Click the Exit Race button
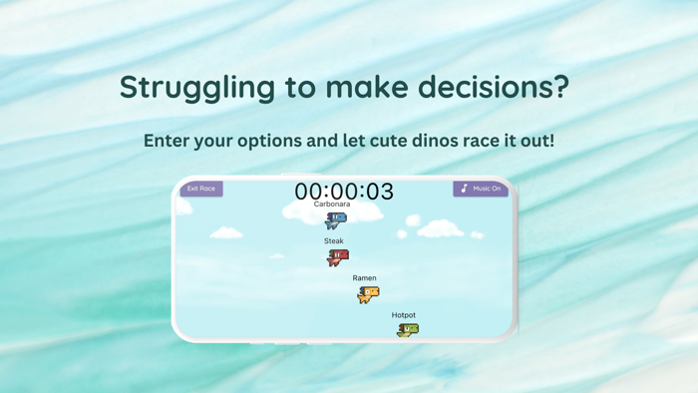[x=201, y=189]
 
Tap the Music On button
[x=481, y=189]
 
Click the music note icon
[x=465, y=189]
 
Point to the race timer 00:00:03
[x=344, y=191]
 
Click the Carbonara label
[x=332, y=204]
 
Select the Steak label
[x=334, y=241]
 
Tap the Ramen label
[x=364, y=278]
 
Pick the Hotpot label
[x=404, y=315]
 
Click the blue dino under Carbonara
[x=336, y=220]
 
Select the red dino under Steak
[x=338, y=257]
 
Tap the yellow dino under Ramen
[x=368, y=294]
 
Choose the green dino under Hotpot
[x=408, y=330]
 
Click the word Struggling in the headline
[x=196, y=88]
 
